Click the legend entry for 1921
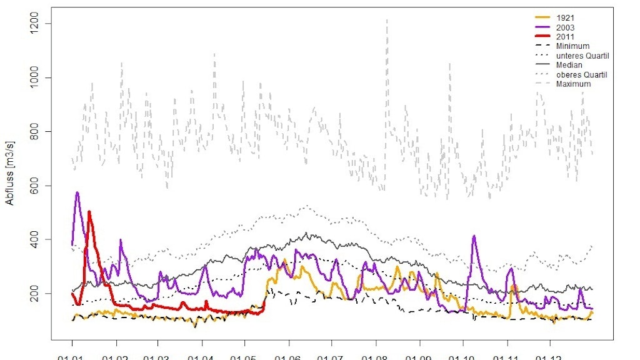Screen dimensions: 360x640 click(566, 18)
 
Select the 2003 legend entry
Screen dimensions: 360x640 click(566, 27)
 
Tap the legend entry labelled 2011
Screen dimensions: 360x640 click(566, 37)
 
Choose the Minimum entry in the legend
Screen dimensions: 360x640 click(572, 46)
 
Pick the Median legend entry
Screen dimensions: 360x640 click(569, 65)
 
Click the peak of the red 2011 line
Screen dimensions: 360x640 click(89, 212)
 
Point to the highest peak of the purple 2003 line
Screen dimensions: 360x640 click(77, 192)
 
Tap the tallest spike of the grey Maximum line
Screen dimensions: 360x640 click(387, 19)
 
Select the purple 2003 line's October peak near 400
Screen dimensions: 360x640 click(474, 236)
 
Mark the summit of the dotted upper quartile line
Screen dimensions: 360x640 click(306, 206)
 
